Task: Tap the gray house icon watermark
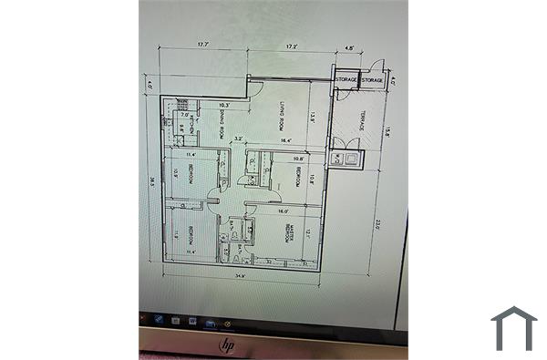[x=513, y=328]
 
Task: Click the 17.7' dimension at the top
[x=203, y=44]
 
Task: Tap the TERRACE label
[x=361, y=120]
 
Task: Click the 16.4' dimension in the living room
[x=285, y=141]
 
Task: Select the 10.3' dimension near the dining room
[x=224, y=106]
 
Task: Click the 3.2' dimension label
[x=239, y=139]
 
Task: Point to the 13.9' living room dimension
[x=313, y=116]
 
